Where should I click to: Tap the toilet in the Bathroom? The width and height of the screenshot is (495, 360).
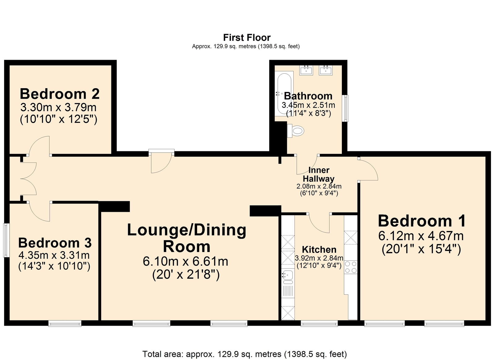pyautogui.click(x=296, y=131)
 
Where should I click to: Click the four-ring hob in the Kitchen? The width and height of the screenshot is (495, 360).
pyautogui.click(x=351, y=267)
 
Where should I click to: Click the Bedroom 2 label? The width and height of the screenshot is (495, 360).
pyautogui.click(x=60, y=94)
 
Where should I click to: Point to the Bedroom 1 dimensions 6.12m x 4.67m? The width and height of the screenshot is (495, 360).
pyautogui.click(x=421, y=236)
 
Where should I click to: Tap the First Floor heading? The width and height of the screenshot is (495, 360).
pyautogui.click(x=247, y=38)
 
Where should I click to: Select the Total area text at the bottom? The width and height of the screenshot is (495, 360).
pyautogui.click(x=244, y=354)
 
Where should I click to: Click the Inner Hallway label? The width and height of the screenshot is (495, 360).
pyautogui.click(x=319, y=175)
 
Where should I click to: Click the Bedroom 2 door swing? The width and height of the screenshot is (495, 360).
pyautogui.click(x=39, y=145)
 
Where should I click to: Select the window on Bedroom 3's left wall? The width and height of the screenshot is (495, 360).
pyautogui.click(x=6, y=240)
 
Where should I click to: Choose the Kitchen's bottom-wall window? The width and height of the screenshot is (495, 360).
pyautogui.click(x=319, y=324)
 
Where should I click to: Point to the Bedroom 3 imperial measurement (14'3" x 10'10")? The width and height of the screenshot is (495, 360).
pyautogui.click(x=54, y=266)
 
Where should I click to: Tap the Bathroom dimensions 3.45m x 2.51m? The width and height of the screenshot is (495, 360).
pyautogui.click(x=308, y=105)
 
